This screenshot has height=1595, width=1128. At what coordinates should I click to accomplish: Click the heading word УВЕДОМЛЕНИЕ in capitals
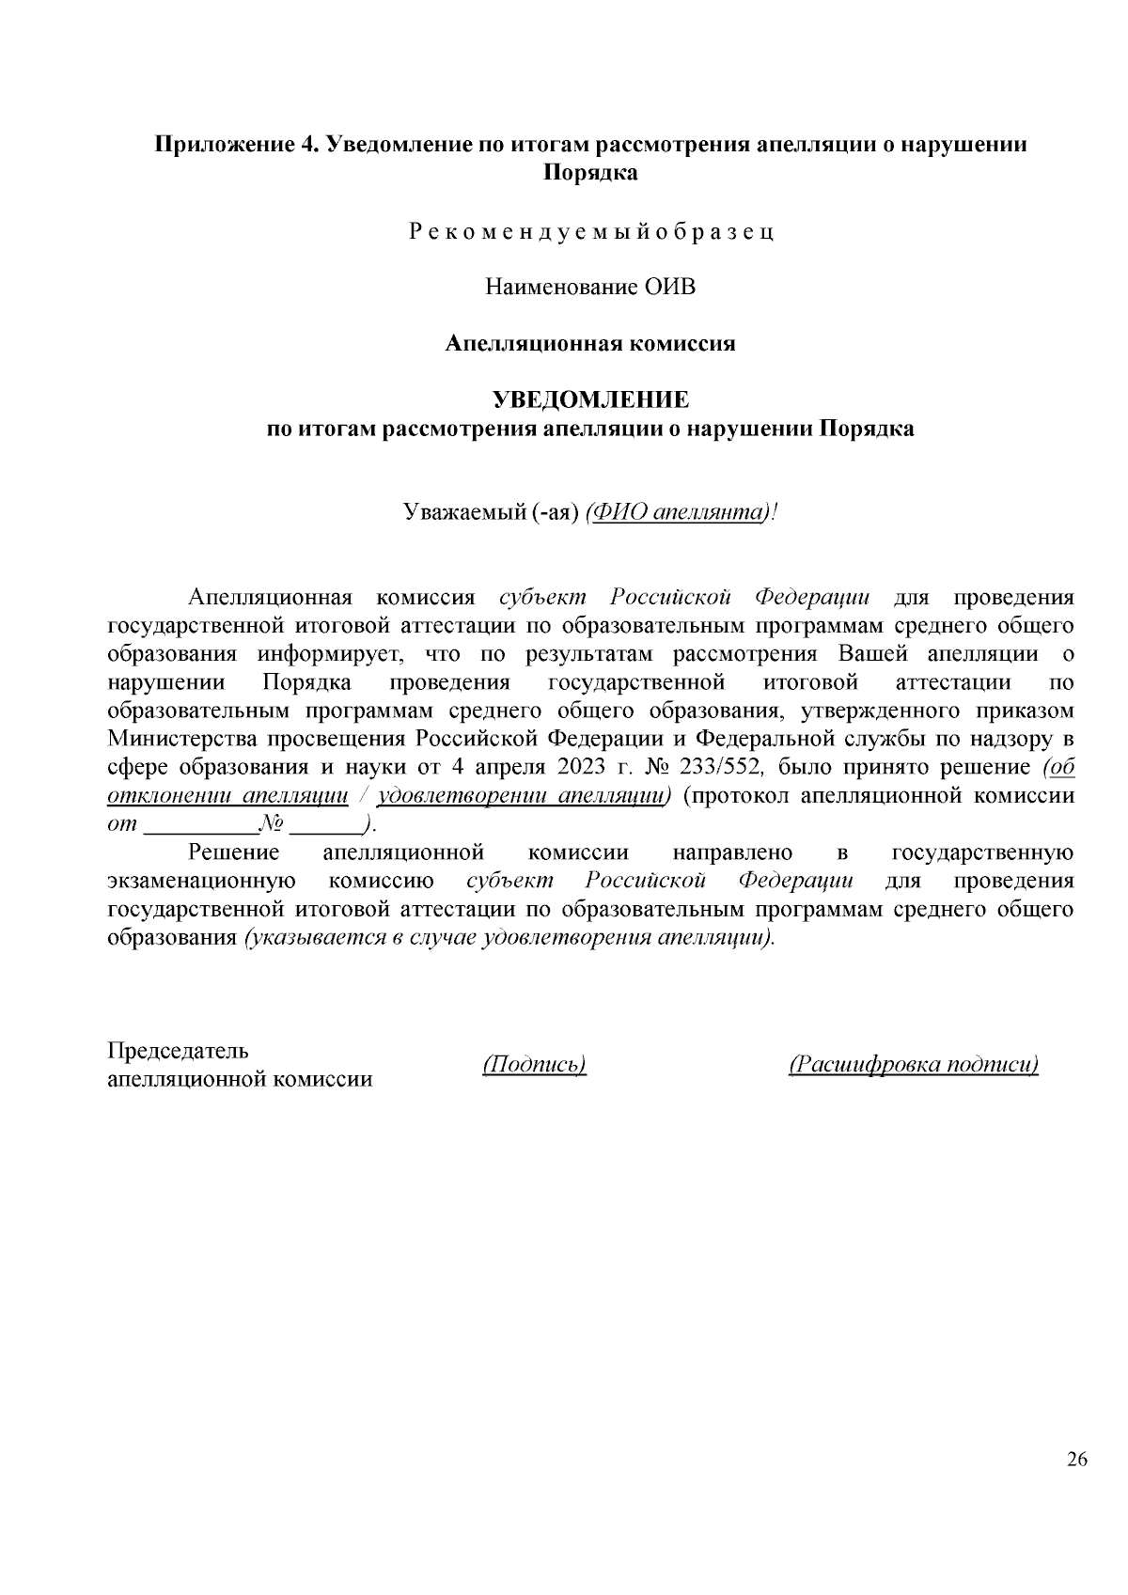[x=591, y=400]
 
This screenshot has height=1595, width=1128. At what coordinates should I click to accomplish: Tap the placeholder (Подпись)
[x=534, y=1064]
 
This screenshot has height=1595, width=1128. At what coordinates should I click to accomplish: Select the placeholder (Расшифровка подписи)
[x=914, y=1064]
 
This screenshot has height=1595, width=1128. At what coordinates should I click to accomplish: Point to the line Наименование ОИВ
[x=591, y=287]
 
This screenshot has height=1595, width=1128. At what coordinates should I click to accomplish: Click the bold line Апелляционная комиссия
[x=590, y=343]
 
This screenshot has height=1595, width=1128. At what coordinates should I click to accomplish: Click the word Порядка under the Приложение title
[x=590, y=173]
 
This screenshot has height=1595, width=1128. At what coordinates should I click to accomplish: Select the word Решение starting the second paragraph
[x=234, y=853]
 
